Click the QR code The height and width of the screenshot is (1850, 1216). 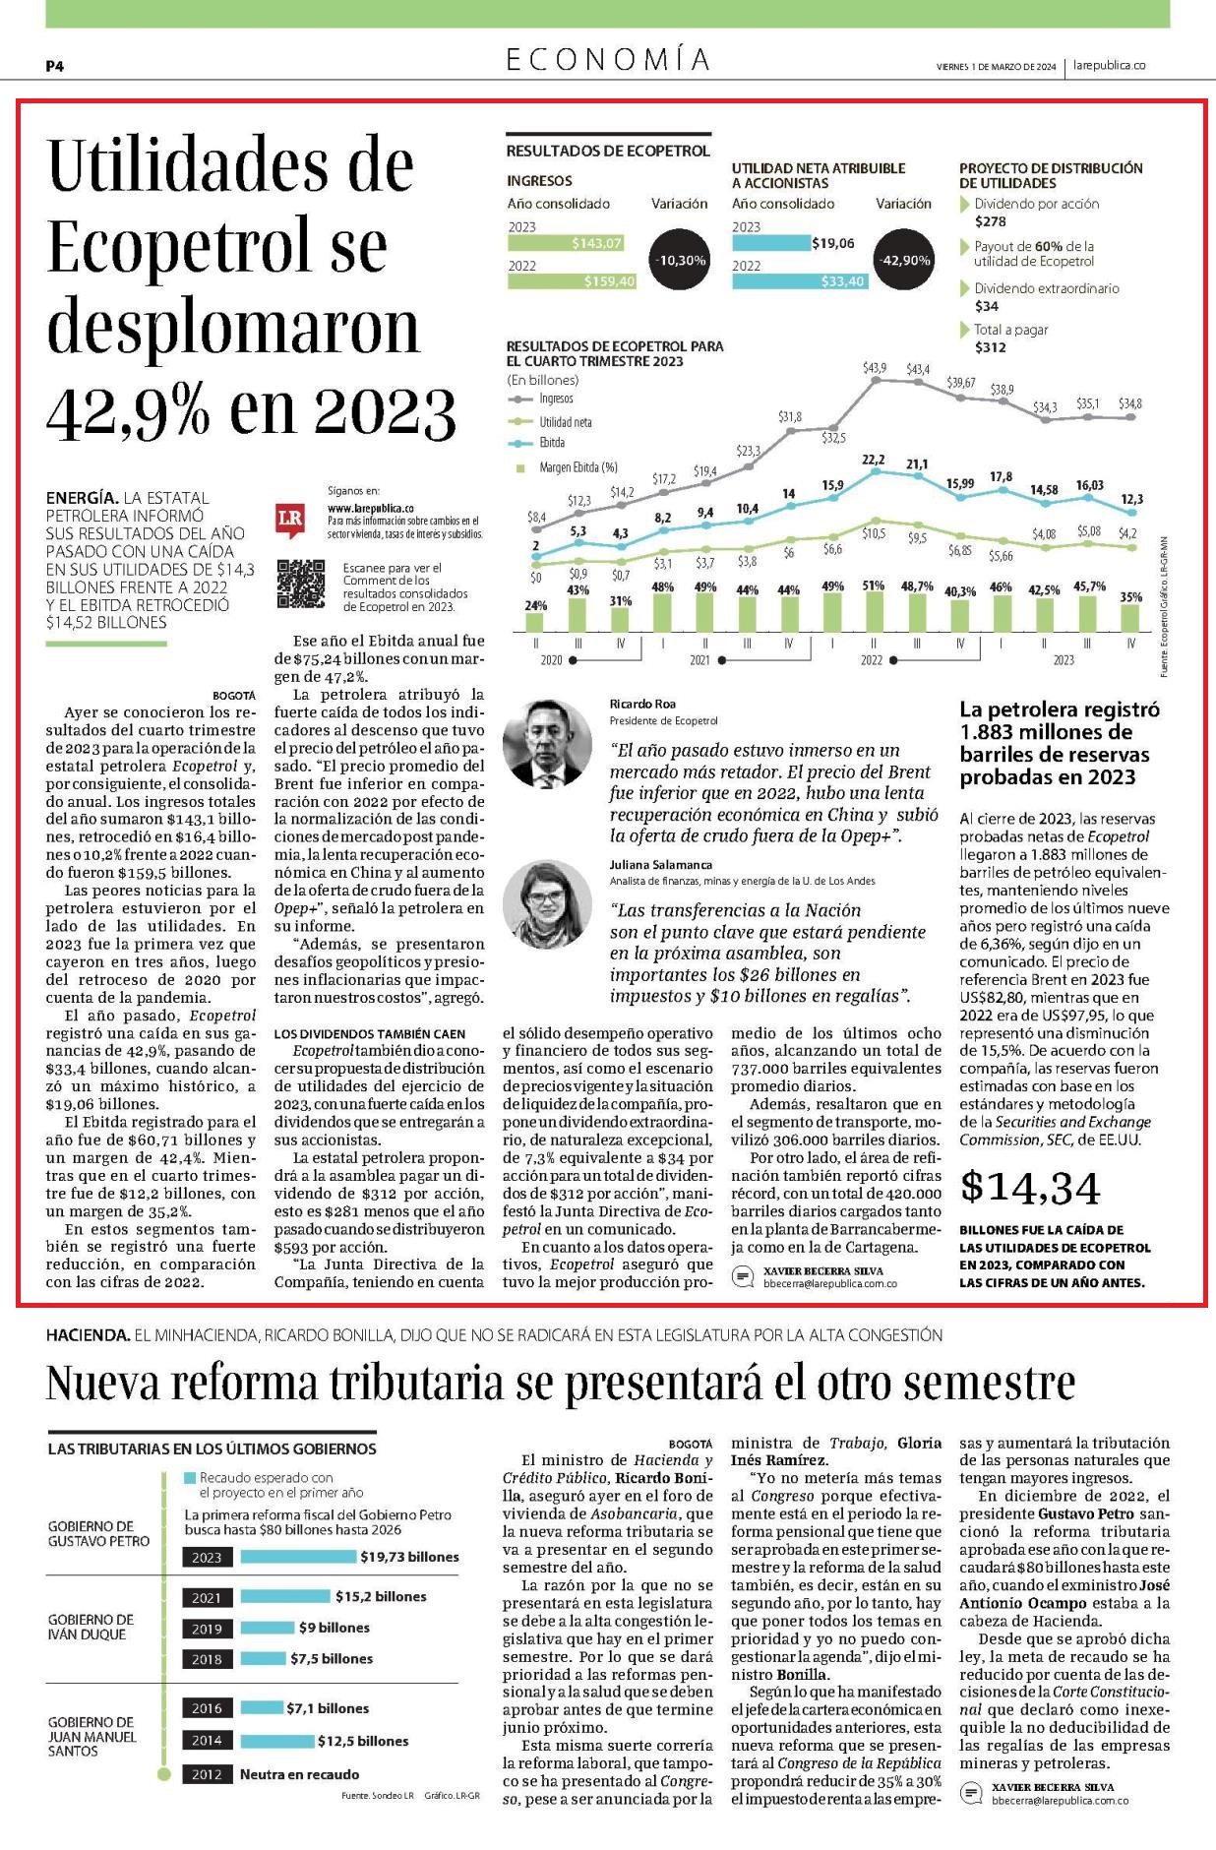(300, 585)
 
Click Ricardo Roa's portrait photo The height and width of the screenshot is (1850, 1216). (547, 744)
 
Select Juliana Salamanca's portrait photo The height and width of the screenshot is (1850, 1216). (547, 904)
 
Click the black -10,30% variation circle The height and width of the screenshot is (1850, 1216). (680, 261)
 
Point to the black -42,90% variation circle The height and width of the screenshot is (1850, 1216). (904, 261)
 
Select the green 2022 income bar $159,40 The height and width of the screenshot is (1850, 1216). (573, 281)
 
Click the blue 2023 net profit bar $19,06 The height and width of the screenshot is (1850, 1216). (770, 243)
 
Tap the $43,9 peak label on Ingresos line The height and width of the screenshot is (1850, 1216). (874, 368)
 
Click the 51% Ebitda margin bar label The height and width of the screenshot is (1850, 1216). (874, 586)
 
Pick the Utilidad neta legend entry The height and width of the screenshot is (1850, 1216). (565, 422)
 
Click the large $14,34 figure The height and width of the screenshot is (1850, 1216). (1030, 1188)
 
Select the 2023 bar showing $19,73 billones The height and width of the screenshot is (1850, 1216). (299, 1557)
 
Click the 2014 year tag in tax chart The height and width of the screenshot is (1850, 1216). (207, 1741)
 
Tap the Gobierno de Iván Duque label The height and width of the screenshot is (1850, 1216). (91, 1627)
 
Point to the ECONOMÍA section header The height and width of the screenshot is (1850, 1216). (608, 60)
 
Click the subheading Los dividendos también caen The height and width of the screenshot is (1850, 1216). (370, 1033)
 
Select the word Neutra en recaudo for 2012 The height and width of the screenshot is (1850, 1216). (299, 1774)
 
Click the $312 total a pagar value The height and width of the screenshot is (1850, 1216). (991, 347)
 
